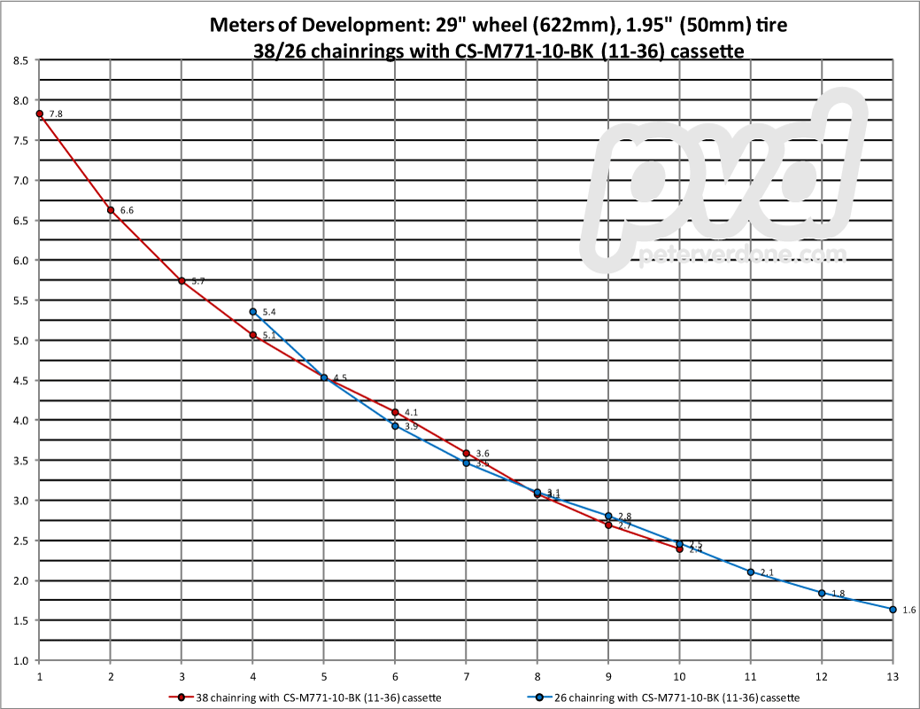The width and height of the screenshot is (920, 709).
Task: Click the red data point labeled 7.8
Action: click(40, 113)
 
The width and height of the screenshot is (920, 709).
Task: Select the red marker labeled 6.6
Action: click(111, 210)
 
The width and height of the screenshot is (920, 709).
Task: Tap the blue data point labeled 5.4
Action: click(253, 312)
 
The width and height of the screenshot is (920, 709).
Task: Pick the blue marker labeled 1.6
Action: click(893, 610)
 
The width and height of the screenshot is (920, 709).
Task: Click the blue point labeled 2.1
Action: click(751, 573)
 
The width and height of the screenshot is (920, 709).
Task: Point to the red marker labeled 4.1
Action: click(395, 412)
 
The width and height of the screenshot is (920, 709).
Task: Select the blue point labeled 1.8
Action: click(822, 593)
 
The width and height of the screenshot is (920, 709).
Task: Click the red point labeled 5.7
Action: click(182, 281)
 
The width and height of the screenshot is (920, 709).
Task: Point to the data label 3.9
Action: click(411, 427)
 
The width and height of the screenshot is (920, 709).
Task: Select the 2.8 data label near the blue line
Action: click(624, 517)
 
